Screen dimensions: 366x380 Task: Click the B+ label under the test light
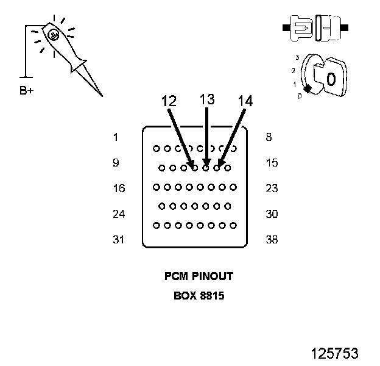(27, 91)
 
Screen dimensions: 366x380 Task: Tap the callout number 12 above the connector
(169, 101)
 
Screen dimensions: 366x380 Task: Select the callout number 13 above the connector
(207, 99)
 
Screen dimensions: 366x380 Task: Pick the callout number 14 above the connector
(245, 101)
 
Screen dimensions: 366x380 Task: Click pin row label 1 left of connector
(116, 137)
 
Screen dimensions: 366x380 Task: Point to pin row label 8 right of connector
(269, 137)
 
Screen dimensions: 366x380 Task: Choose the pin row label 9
(116, 163)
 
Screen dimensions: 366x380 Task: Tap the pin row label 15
(272, 163)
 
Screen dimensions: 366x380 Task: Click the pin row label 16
(119, 188)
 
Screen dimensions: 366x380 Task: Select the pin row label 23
(272, 188)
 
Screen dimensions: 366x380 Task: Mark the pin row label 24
(119, 214)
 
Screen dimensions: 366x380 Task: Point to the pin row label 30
(272, 214)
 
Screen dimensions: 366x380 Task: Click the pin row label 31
(119, 240)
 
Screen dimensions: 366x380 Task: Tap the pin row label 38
(272, 240)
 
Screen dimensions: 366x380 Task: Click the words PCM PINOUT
(199, 276)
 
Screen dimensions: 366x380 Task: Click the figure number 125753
(334, 353)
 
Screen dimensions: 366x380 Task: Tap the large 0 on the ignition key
(331, 79)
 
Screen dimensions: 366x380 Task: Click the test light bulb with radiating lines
(53, 35)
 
